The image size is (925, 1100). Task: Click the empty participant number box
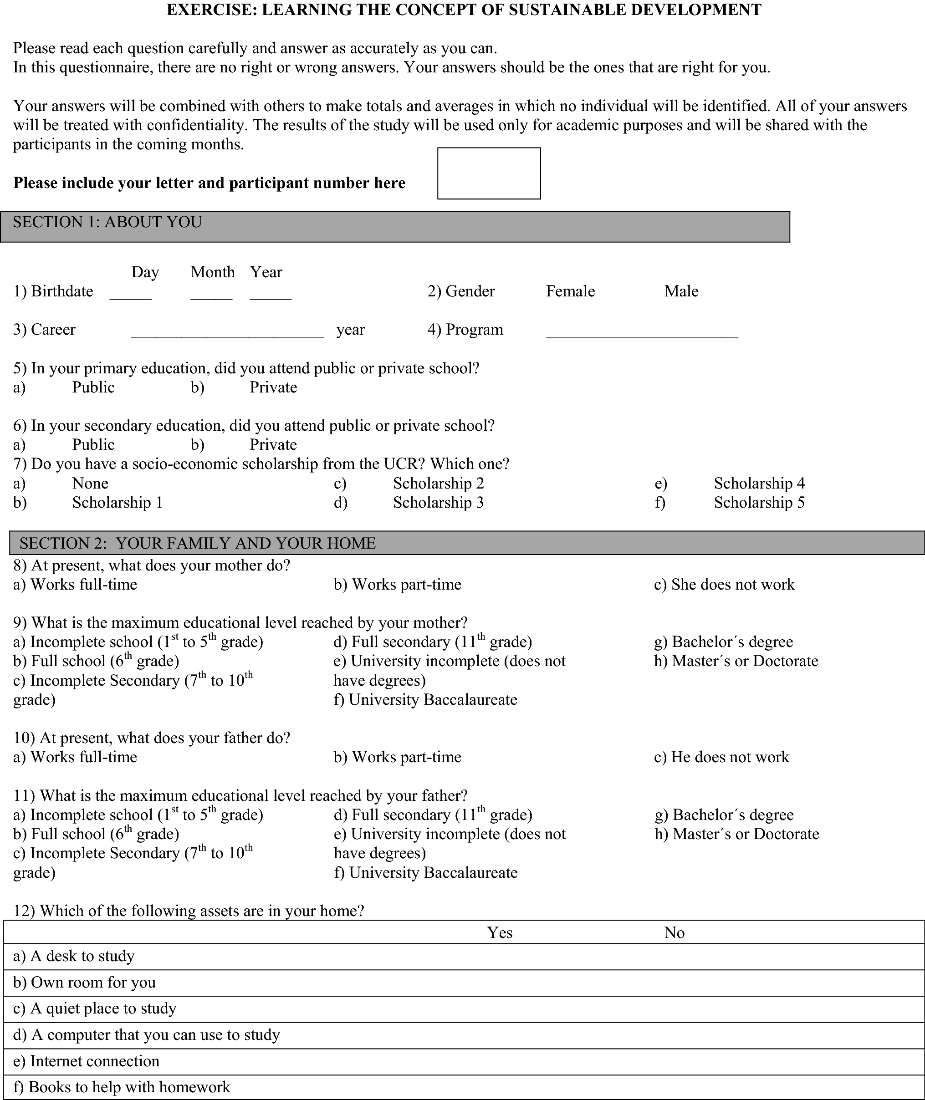tap(489, 173)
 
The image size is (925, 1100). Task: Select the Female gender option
tap(570, 291)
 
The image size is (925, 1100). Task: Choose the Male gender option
tap(681, 291)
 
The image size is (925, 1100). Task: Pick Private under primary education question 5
tap(273, 387)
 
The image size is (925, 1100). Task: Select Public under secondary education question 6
tap(93, 445)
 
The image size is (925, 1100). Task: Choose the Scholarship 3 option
tap(439, 503)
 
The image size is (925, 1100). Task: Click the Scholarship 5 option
tap(759, 503)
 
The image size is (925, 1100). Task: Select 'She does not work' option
tap(732, 585)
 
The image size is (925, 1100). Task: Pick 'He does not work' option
tap(730, 757)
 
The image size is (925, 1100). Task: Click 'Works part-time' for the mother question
tap(406, 585)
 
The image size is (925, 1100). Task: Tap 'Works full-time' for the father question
tap(84, 757)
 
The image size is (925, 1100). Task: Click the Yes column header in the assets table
tap(500, 933)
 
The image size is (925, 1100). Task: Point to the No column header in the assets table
tap(675, 933)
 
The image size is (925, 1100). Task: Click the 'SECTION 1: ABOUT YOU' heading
tap(107, 222)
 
